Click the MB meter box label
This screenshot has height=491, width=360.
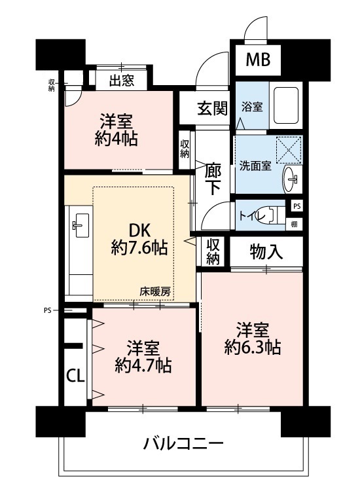[x=258, y=60]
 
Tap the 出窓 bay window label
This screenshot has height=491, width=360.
[x=122, y=80]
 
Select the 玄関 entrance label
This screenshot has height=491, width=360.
[x=212, y=109]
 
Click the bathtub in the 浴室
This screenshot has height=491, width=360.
[x=286, y=105]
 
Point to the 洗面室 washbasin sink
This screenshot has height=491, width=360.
[x=291, y=179]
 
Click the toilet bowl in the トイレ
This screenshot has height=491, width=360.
[x=272, y=215]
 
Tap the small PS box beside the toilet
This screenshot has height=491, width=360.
[x=297, y=206]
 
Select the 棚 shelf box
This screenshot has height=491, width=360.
[x=294, y=224]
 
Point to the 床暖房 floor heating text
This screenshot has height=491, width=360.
[x=155, y=292]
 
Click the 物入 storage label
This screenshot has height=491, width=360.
[x=266, y=252]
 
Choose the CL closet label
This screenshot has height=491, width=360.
[x=75, y=376]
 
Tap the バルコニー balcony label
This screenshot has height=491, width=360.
[x=183, y=444]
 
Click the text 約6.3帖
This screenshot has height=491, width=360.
[x=252, y=347]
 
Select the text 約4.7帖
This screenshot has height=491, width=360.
[x=143, y=365]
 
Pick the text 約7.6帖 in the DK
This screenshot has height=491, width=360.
[x=139, y=247]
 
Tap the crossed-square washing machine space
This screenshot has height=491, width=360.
[x=289, y=150]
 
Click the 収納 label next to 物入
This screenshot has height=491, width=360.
[x=213, y=251]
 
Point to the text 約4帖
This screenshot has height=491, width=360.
[x=116, y=139]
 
